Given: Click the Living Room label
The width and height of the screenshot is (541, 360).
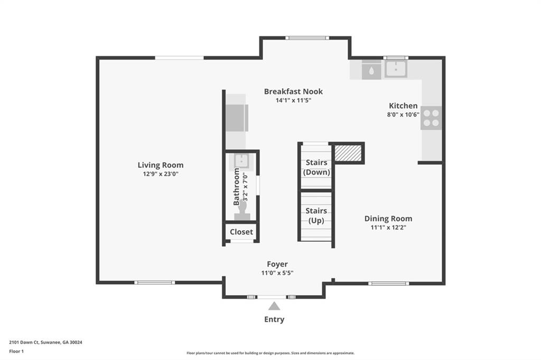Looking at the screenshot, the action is (x=161, y=165).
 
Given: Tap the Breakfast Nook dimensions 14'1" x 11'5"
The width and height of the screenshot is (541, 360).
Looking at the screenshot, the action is (x=293, y=100).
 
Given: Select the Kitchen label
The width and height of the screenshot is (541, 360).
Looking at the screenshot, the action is (x=403, y=106).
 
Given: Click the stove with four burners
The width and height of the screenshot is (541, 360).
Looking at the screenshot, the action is (x=431, y=118).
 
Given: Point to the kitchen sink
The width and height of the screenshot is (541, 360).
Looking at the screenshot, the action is (x=396, y=69).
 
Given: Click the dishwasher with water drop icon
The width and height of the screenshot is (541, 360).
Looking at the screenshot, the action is (x=371, y=70).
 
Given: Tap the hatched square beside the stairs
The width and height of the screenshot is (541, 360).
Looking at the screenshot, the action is (x=348, y=153).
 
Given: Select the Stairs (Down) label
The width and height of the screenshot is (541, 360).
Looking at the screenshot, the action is (x=316, y=167).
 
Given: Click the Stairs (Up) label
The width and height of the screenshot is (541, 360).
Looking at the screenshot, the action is (x=316, y=215).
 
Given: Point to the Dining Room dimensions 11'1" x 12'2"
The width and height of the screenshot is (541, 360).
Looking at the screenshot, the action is (x=388, y=227).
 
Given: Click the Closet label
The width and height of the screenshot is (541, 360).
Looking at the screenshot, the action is (x=241, y=232).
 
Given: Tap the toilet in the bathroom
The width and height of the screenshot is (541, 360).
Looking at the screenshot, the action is (x=242, y=210).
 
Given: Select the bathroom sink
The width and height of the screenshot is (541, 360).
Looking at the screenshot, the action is (x=241, y=161).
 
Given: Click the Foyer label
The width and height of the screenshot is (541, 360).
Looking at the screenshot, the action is (x=277, y=264).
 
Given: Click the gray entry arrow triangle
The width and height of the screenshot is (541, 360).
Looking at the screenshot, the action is (x=274, y=306).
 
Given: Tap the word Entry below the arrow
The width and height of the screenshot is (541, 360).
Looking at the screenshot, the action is (x=274, y=319).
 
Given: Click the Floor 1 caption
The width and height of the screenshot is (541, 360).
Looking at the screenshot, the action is (x=16, y=352).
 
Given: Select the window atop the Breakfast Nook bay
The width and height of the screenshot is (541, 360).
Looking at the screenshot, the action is (x=307, y=38).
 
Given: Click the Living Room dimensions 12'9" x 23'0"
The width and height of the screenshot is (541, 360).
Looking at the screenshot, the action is (x=161, y=174).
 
